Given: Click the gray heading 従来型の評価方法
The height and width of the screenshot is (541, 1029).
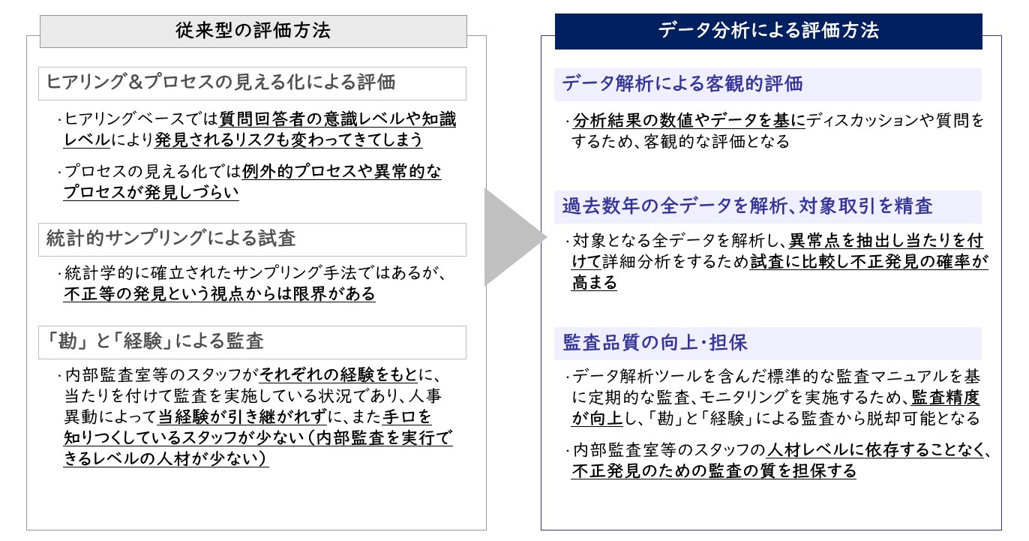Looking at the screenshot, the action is point(253,31).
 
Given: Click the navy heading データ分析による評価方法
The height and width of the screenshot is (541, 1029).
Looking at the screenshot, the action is point(769,31).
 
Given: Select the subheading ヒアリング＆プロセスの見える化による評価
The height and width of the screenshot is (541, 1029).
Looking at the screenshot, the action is point(221,83).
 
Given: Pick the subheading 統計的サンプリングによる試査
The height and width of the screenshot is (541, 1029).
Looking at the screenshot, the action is point(171,239).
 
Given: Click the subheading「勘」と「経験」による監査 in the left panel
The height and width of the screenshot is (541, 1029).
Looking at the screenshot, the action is point(154,341).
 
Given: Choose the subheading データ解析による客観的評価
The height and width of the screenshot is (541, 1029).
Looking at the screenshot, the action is point(682,84).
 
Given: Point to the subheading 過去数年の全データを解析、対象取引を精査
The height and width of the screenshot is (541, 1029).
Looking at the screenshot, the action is point(748,206).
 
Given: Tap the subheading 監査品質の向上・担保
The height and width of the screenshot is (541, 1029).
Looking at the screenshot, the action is point(655,343).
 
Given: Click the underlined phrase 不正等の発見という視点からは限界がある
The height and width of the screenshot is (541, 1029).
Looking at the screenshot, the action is point(220,293).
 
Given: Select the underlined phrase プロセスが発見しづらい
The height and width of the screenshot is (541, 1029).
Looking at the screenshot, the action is point(151,192).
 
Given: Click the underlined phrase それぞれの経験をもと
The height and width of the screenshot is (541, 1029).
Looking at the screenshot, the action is point(338,375).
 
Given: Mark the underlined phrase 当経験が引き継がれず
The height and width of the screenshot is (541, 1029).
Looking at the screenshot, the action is point(242,417).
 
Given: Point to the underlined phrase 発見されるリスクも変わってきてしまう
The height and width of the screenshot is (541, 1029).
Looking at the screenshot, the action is point(289,140).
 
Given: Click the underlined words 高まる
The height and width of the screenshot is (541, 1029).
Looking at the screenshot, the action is point(595,282).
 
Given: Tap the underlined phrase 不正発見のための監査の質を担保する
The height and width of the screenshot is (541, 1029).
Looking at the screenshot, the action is point(714,470).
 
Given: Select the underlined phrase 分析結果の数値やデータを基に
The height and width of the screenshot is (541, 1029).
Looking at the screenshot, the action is point(689,120).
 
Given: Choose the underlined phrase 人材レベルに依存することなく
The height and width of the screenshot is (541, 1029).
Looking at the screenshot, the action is point(876,450).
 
